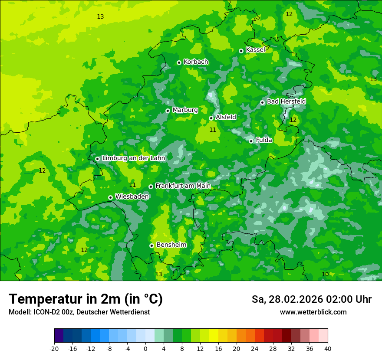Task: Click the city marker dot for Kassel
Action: pos(241,51)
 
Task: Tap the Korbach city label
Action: pos(196,62)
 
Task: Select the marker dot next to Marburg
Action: pos(168,111)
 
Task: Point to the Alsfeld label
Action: pos(226,117)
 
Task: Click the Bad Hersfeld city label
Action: pos(286,101)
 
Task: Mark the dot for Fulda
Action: pos(251,141)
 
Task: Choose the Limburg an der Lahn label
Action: pos(133,158)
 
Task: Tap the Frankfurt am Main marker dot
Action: pos(151,187)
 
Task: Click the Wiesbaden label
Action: pos(132,197)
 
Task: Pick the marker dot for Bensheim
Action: pos(151,245)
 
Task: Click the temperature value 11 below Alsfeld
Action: pos(213,130)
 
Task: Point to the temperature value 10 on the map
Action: pos(325,274)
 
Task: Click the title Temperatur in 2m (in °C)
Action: pos(86,299)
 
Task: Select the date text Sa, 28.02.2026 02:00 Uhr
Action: pos(311,299)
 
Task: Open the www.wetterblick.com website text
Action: pos(313,312)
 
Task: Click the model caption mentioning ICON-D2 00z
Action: pos(79,312)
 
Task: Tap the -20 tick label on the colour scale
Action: pos(54,349)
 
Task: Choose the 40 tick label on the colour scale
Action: pos(328,349)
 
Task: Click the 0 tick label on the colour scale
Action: pos(145,349)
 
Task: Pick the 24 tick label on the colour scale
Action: pos(255,349)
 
